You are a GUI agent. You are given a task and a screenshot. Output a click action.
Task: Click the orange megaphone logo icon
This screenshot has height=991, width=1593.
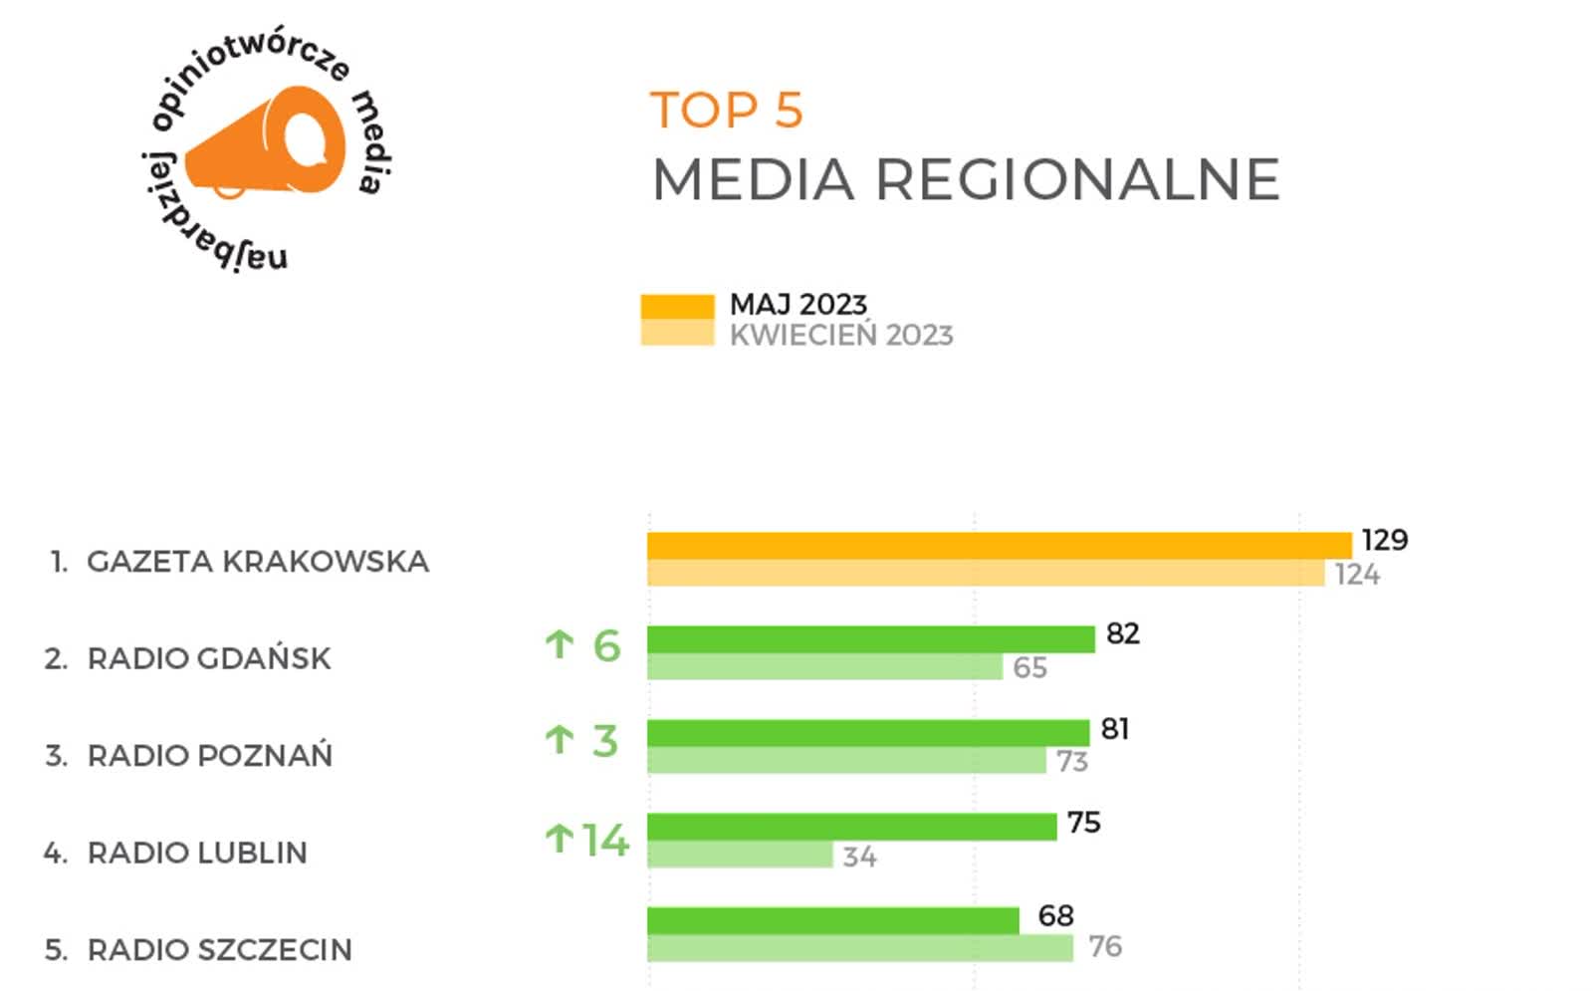[x=267, y=142]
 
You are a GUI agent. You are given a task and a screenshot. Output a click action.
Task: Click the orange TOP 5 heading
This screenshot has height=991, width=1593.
[x=726, y=111]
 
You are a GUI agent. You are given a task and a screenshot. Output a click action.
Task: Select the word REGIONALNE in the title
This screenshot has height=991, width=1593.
[x=1077, y=180]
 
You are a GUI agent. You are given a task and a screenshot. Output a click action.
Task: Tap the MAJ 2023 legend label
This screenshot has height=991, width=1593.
[x=797, y=304]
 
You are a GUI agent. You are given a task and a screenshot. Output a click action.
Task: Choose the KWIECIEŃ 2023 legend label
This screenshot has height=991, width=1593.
[x=841, y=336]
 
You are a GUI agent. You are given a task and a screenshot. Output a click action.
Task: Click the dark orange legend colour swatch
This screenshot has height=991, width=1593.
[x=677, y=307]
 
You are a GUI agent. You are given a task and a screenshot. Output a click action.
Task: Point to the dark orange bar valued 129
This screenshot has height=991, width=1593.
[x=999, y=545]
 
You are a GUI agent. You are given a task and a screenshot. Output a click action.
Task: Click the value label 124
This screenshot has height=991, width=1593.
[x=1357, y=575]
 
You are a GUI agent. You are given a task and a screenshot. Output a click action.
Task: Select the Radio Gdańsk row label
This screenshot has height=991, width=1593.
[x=208, y=658]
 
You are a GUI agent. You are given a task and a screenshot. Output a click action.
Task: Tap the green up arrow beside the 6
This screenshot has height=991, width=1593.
[x=560, y=645]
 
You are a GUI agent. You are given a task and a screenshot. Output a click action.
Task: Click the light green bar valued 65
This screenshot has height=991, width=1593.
[x=824, y=667]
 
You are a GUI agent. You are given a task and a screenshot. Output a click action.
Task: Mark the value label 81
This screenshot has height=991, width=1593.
[x=1114, y=729]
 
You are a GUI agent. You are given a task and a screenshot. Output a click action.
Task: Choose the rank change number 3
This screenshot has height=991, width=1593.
[x=605, y=741]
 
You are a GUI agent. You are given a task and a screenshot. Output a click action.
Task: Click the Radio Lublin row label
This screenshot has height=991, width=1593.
[x=196, y=853]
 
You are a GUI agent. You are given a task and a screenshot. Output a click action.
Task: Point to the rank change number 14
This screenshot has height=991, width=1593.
[x=605, y=841]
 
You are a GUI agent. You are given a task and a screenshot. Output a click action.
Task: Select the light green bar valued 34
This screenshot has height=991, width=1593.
[x=740, y=855]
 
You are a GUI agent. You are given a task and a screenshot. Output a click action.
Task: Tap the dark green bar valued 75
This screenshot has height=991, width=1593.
[x=851, y=827]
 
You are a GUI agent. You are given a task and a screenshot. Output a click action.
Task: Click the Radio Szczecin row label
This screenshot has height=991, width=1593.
[x=219, y=950]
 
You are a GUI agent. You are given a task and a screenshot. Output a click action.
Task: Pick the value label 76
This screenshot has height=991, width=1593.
[x=1104, y=946]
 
